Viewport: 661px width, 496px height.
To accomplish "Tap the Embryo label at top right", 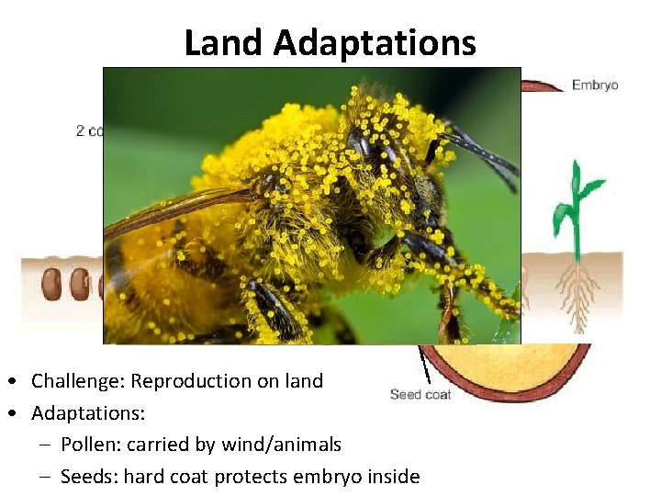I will coord(595,85).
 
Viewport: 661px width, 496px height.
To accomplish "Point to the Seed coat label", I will coord(420,395).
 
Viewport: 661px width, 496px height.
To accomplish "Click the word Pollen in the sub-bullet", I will coord(88,445).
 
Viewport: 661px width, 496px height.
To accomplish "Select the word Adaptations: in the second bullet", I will coord(88,413).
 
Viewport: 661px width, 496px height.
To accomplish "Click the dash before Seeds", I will coord(46,478).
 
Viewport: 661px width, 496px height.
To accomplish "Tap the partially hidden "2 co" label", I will coord(89,131).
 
